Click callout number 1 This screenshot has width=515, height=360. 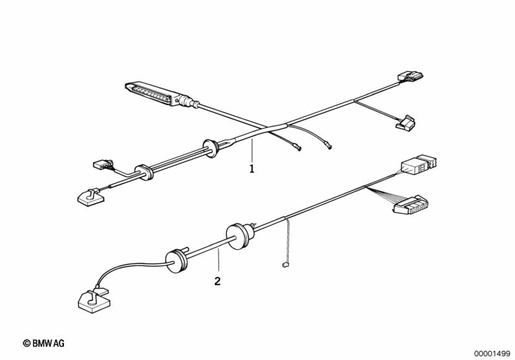click(251, 169)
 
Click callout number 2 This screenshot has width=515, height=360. click(217, 281)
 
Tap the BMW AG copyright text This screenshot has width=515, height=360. click(44, 343)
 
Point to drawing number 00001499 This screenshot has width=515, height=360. click(492, 354)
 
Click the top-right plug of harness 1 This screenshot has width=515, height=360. click(410, 76)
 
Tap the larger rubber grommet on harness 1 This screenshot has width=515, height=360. click(211, 149)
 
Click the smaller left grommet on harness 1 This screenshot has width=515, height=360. click(144, 172)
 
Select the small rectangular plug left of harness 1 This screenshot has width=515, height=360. click(102, 164)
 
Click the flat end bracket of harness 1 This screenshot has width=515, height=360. click(92, 197)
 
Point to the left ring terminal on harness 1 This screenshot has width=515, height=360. click(298, 149)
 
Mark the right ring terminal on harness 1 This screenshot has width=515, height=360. click(329, 147)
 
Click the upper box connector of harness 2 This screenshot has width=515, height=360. click(420, 164)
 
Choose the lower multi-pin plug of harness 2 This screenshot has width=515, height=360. click(411, 205)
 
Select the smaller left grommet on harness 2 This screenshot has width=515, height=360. click(177, 261)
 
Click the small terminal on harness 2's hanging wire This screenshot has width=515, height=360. click(285, 265)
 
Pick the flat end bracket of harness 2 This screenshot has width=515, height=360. click(93, 300)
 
